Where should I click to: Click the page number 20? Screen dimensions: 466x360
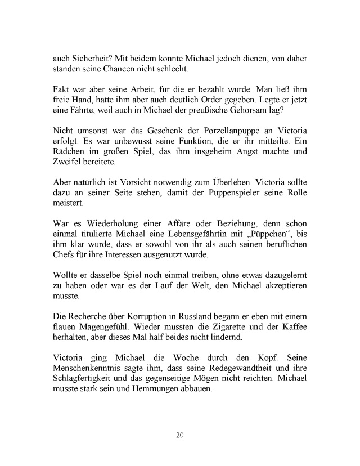click(x=180, y=435)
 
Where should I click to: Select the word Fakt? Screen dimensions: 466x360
click(x=62, y=91)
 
